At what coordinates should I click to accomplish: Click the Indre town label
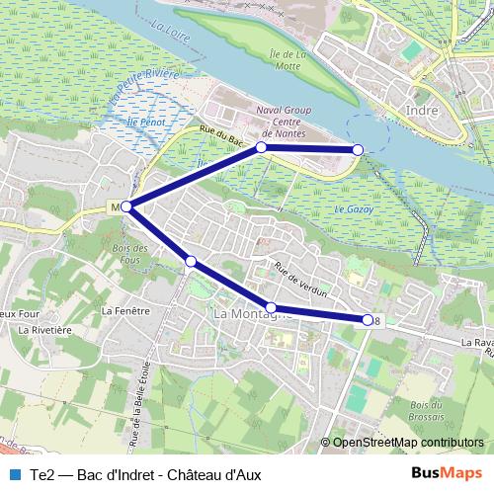point(422,111)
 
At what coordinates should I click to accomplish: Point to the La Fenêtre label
point(124,310)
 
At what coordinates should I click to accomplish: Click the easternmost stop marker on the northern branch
point(358,148)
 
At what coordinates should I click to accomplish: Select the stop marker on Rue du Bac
point(262,147)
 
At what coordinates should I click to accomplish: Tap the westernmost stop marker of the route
point(125,206)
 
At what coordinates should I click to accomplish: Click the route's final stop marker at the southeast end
point(368,319)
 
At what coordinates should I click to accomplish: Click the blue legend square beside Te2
point(13,474)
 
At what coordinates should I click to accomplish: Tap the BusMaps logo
point(447,474)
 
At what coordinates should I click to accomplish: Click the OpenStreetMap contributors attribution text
point(407,443)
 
